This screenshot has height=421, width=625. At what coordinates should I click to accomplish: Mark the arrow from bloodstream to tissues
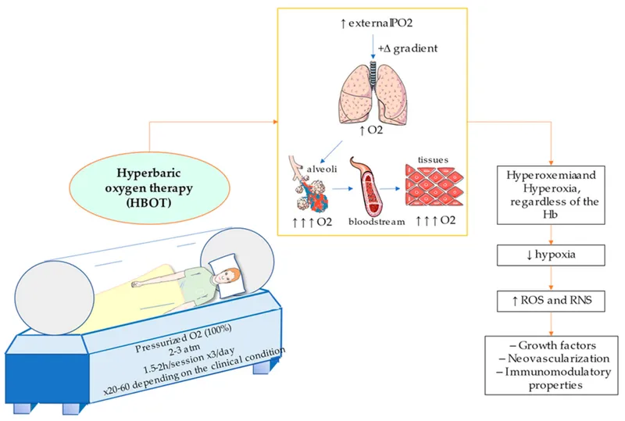398,188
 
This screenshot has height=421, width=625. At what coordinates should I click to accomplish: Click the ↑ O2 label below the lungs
373,130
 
